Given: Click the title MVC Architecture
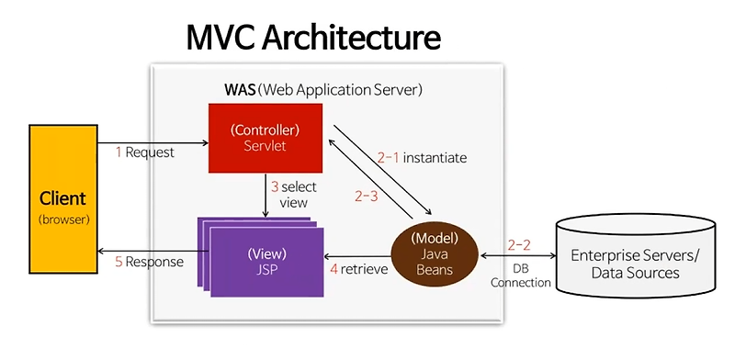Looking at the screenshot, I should pos(313,38).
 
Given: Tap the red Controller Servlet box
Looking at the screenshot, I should pos(266,137).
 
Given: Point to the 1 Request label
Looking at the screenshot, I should pos(145,152).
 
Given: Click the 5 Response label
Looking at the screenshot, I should pos(149,262).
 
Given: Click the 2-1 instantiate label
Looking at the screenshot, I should pos(422,158).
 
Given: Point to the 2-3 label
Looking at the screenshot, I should pos(366,195).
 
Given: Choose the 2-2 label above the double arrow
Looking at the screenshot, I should pos(518,244).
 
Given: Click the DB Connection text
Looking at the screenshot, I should pos(520,276).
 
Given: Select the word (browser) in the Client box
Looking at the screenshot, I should pos(62,220).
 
